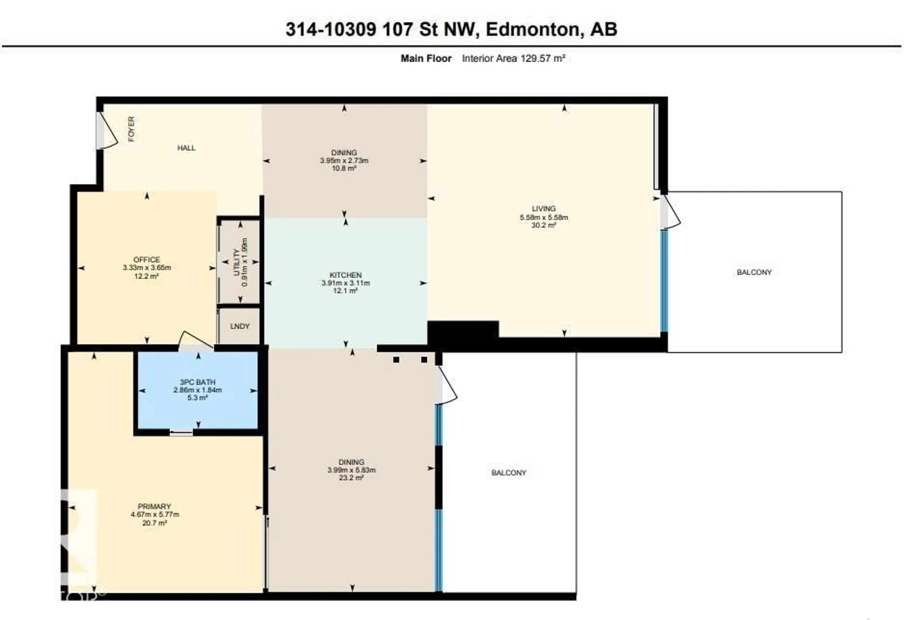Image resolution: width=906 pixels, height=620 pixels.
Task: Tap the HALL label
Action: (186, 148)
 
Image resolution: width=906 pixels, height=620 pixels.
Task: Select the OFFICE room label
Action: (147, 260)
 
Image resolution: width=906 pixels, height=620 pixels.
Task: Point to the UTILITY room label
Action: (236, 262)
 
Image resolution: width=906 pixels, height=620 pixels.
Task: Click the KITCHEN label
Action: (345, 275)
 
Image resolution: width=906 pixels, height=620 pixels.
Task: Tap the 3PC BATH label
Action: (198, 382)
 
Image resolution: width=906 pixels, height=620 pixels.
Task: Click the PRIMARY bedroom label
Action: (154, 506)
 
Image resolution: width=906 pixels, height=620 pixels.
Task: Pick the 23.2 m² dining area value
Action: (351, 478)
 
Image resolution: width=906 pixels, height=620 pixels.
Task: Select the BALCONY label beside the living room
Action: (754, 272)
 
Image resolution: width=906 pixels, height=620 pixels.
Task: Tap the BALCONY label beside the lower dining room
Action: (508, 472)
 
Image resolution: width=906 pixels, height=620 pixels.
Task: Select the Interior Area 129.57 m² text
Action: (513, 59)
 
